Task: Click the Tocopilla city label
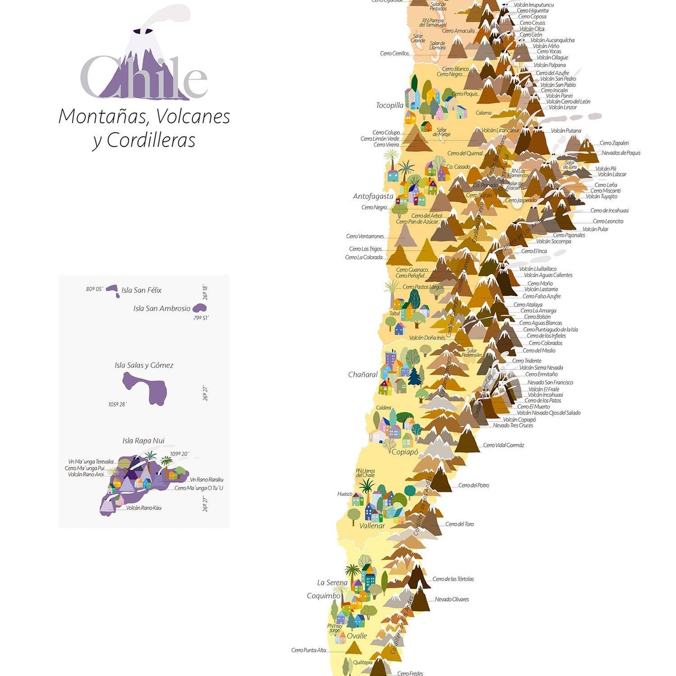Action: tap(390, 106)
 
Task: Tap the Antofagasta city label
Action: tap(373, 196)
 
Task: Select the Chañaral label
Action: tap(363, 375)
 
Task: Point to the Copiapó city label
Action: tap(405, 452)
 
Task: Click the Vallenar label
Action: tap(372, 526)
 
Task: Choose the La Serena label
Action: tap(332, 583)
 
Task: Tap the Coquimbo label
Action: tap(324, 596)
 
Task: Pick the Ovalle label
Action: tap(357, 636)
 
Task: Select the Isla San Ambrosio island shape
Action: tap(199, 309)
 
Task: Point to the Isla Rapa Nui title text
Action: tap(144, 440)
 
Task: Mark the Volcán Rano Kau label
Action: tap(144, 508)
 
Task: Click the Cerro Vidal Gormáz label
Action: tap(504, 445)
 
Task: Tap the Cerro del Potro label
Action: tap(473, 486)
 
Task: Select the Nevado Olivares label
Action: tap(452, 600)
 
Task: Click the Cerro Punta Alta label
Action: tap(309, 650)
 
